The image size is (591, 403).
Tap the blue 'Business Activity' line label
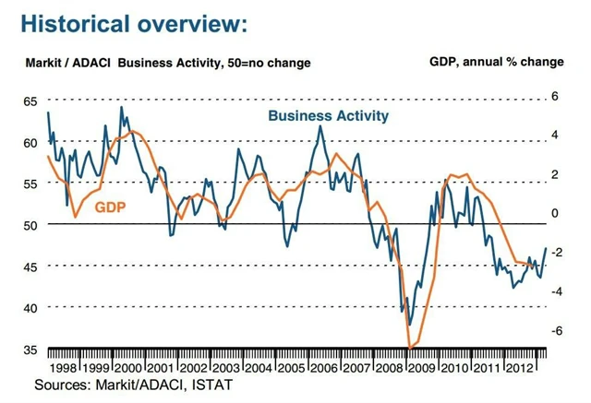329,116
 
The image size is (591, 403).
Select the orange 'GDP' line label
109,207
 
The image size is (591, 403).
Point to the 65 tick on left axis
31,100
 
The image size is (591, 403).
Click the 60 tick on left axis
31,142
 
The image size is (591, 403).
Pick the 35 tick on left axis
31,350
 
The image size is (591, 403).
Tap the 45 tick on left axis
31,267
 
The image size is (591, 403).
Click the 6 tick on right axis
555,96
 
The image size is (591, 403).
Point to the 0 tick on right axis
555,213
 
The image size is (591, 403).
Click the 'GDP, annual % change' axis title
496,62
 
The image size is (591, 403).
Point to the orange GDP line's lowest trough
409,347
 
